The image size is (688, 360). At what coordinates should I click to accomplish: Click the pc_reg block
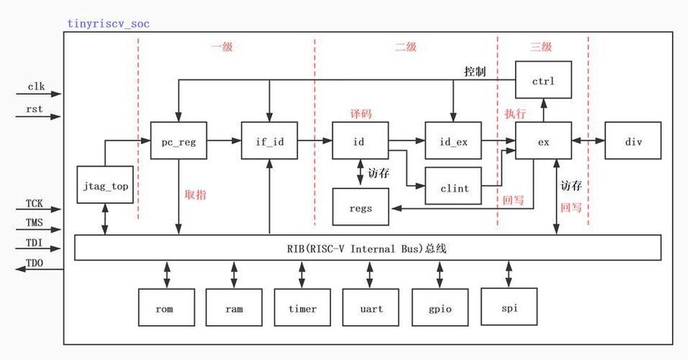pyautogui.click(x=179, y=142)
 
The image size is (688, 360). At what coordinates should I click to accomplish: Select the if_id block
pyautogui.click(x=268, y=142)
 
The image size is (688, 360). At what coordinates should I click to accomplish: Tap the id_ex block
pyautogui.click(x=453, y=142)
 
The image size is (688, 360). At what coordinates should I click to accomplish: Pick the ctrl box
pyautogui.click(x=543, y=80)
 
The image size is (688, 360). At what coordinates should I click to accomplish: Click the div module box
pyautogui.click(x=633, y=142)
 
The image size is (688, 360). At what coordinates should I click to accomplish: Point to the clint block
pyautogui.click(x=453, y=186)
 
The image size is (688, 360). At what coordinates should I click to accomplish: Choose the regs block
pyautogui.click(x=361, y=207)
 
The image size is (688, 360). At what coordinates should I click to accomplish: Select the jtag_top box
pyautogui.click(x=106, y=185)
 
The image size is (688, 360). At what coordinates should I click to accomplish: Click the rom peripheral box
pyautogui.click(x=164, y=308)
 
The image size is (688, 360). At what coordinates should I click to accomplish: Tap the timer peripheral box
pyautogui.click(x=302, y=308)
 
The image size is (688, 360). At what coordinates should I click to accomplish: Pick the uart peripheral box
pyautogui.click(x=371, y=308)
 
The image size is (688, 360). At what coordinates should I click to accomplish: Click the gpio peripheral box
pyautogui.click(x=439, y=308)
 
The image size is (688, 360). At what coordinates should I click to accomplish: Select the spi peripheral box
pyautogui.click(x=508, y=308)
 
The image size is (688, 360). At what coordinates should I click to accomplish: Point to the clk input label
pyautogui.click(x=36, y=86)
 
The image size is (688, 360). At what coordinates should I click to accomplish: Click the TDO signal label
pyautogui.click(x=35, y=261)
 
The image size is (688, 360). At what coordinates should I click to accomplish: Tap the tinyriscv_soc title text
pyautogui.click(x=108, y=23)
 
